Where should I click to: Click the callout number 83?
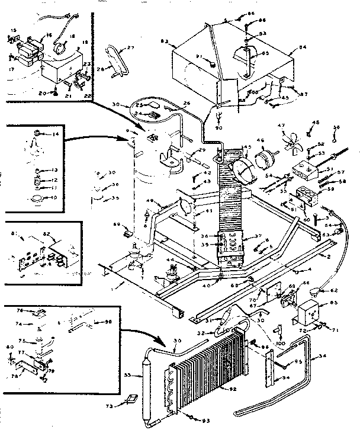pos(165,41)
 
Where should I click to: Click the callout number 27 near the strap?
pos(131,48)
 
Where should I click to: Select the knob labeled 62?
pos(320,290)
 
